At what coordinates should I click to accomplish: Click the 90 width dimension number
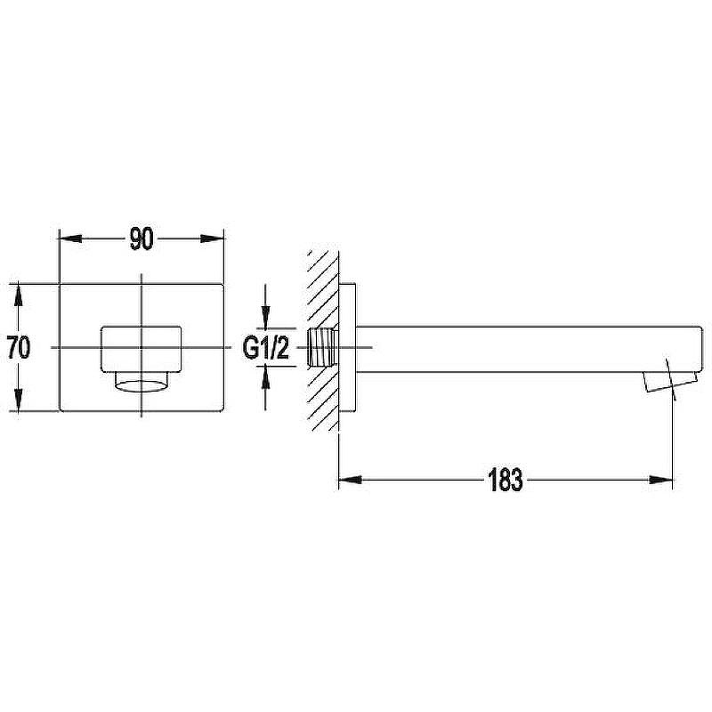pos(142,239)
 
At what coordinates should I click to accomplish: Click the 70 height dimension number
pos(19,347)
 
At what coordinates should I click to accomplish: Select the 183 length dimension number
pos(505,480)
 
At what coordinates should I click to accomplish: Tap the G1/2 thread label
pos(265,348)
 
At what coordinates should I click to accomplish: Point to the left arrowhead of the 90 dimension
pos(71,239)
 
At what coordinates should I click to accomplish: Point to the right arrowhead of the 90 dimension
pos(213,239)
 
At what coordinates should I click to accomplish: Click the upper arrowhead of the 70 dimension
pos(18,294)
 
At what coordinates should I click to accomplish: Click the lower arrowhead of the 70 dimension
pos(18,401)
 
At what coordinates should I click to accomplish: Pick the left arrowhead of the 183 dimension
pos(350,480)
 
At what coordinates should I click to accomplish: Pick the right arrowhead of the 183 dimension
pos(660,480)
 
